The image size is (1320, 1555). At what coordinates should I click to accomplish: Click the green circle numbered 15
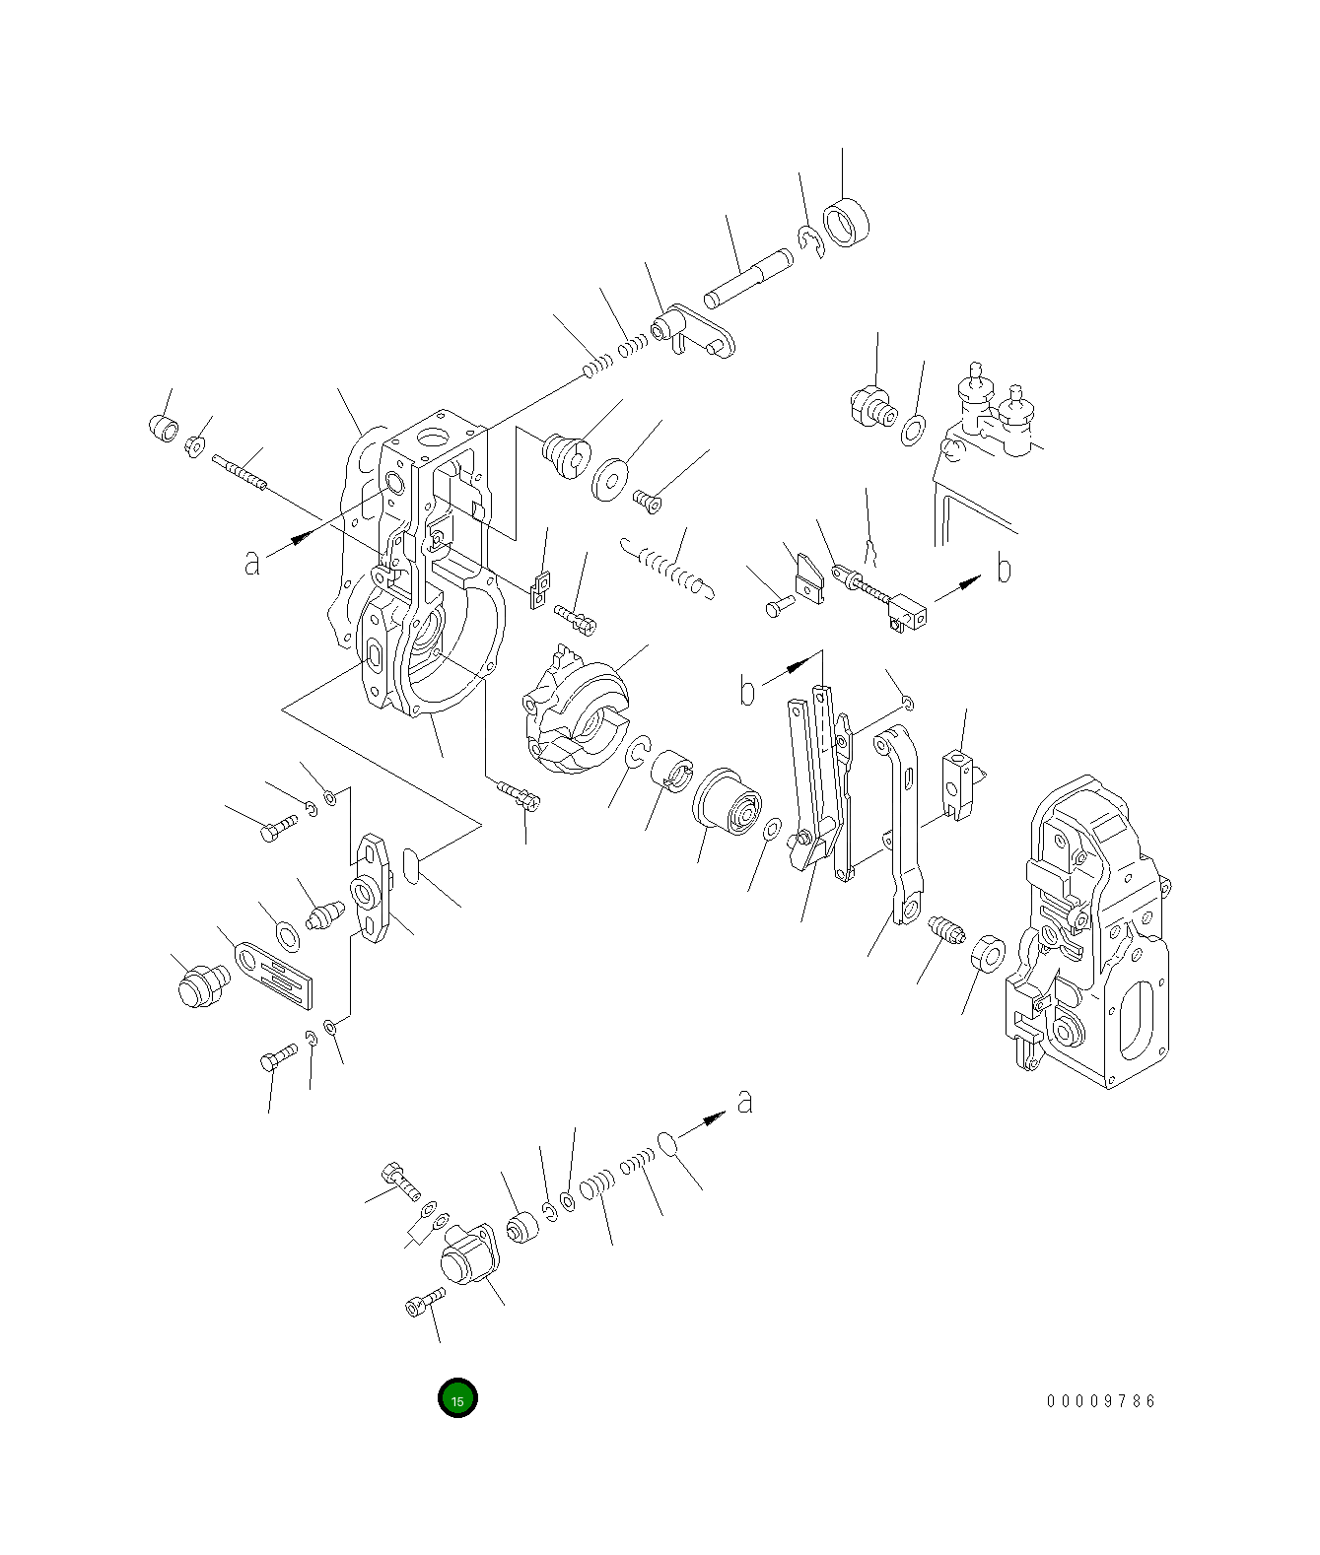(x=457, y=1397)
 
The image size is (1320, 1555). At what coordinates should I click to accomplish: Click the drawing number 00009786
(x=1100, y=1400)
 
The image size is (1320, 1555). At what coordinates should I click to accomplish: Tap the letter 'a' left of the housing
(x=252, y=562)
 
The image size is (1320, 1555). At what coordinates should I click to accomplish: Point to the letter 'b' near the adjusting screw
(x=1004, y=569)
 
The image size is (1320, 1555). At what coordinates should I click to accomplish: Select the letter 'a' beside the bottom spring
(x=745, y=1100)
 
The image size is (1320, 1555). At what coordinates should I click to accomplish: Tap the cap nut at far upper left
(x=164, y=430)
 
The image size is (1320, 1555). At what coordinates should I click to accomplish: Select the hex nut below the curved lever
(x=987, y=955)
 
